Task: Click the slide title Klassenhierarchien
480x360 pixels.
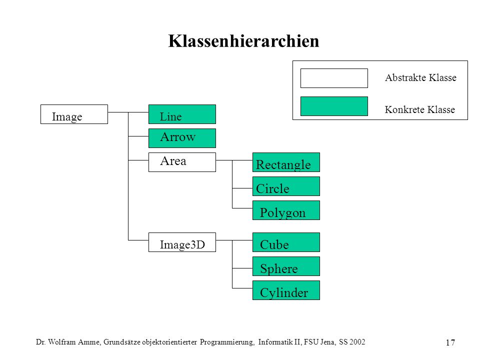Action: [243, 41]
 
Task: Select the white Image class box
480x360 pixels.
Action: [74, 114]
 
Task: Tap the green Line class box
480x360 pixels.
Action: [182, 114]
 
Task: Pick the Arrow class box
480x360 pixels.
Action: [182, 138]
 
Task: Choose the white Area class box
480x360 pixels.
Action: [182, 162]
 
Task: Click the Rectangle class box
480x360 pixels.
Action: [286, 162]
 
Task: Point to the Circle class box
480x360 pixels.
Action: [286, 186]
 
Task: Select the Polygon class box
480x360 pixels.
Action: [286, 210]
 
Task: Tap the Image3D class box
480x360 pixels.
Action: [182, 242]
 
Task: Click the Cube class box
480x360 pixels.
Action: [286, 242]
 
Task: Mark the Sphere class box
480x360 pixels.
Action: [286, 266]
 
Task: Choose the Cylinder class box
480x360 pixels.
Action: [286, 290]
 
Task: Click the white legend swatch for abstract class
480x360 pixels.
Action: [334, 78]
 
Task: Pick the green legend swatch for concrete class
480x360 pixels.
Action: [334, 106]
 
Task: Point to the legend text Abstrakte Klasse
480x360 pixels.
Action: [420, 78]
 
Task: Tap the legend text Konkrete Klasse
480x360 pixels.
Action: [419, 109]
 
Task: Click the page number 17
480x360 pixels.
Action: [450, 342]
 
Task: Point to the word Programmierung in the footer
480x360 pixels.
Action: [227, 342]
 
